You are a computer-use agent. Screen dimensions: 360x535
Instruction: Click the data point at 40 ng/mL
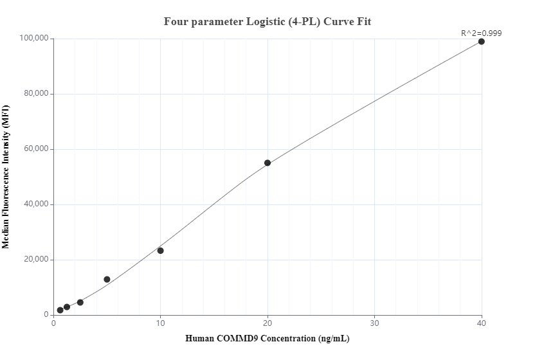[481, 42]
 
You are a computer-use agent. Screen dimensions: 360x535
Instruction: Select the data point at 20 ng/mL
[267, 163]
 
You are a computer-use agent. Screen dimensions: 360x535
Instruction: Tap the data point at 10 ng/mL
[160, 251]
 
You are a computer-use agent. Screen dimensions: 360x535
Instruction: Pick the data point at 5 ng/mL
[107, 279]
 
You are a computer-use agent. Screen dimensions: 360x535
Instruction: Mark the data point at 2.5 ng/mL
[80, 302]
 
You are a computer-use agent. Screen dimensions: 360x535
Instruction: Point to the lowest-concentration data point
[60, 310]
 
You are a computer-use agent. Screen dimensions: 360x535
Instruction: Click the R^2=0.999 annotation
[481, 33]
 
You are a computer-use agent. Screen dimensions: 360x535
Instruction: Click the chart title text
[267, 21]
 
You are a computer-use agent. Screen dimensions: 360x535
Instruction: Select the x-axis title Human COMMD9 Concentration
[267, 338]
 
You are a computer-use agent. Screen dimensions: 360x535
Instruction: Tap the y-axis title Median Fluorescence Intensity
[6, 177]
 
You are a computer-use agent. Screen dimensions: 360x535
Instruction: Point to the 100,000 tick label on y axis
[32, 39]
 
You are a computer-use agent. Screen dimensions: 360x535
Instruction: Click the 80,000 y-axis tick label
[33, 94]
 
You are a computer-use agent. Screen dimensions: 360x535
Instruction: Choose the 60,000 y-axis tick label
[33, 149]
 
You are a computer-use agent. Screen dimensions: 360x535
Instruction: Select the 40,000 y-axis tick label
[33, 204]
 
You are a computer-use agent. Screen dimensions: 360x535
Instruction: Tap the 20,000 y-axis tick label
[33, 260]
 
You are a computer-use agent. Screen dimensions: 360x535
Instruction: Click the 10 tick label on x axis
[160, 323]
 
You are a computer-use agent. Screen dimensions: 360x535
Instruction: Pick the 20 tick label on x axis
[267, 323]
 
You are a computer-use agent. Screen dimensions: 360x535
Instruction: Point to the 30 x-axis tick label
[374, 323]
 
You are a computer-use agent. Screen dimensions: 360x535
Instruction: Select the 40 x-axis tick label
[481, 323]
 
